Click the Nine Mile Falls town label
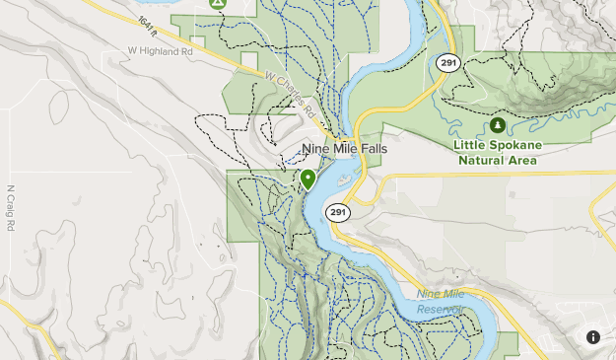pos(343,149)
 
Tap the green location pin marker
pos(308,179)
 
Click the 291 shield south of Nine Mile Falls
pos(338,212)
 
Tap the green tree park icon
pos(498,126)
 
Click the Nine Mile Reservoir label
pos(440,302)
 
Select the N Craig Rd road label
pos(11,208)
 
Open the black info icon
pos(593,337)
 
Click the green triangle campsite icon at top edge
pos(219,4)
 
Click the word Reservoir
pos(440,309)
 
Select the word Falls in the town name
pos(367,149)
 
